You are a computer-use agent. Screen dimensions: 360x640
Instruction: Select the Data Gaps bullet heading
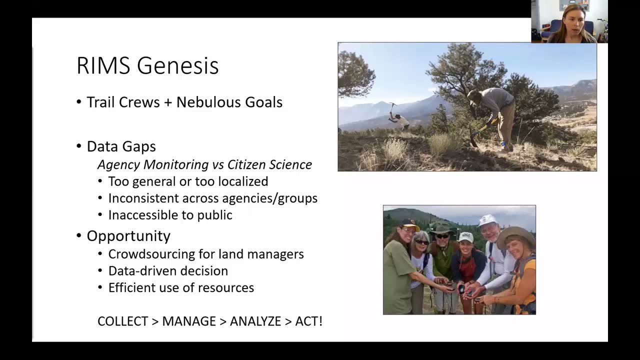[x=121, y=146]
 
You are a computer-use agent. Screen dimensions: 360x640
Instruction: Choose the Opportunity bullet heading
[x=128, y=236]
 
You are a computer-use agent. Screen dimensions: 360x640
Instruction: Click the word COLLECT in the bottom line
[x=122, y=321]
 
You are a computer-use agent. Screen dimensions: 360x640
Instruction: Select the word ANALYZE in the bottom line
[x=255, y=321]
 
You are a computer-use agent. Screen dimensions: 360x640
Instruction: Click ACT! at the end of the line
[x=308, y=321]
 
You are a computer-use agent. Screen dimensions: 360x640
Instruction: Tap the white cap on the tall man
[x=487, y=219]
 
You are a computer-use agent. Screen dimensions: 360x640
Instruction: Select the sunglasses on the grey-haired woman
[x=422, y=242]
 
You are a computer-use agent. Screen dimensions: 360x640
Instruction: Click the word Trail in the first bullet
[x=103, y=102]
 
